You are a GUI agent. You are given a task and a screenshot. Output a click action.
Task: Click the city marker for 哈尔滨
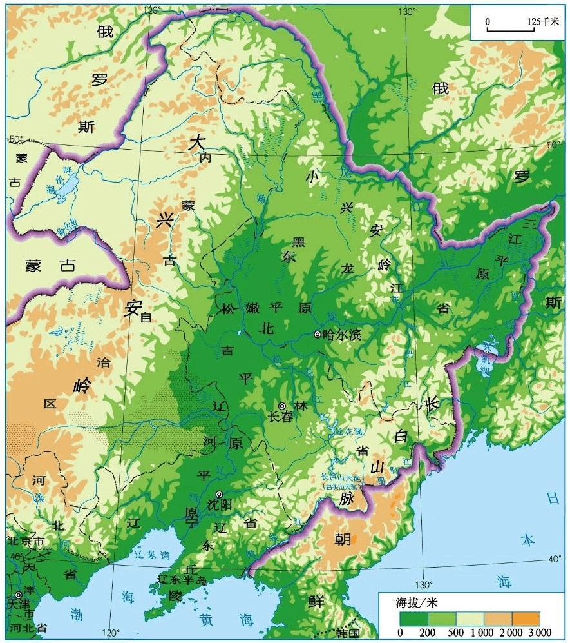[x=317, y=334]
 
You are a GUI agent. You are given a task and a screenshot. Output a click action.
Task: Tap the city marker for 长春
[x=281, y=406]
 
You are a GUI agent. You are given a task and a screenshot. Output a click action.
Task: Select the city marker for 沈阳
[x=219, y=495]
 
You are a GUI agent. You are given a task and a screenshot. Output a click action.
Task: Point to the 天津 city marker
[x=18, y=594]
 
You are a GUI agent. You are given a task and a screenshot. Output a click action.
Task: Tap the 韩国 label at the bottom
[x=346, y=633]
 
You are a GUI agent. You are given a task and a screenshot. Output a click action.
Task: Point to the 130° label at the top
[x=408, y=12]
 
